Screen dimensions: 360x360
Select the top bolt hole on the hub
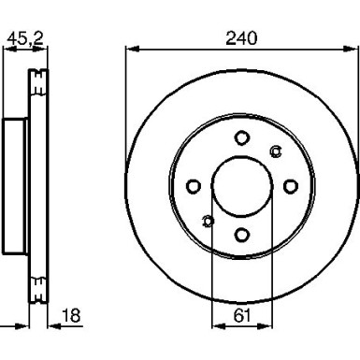pos(241,137)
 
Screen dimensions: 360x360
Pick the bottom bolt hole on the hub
pos(241,234)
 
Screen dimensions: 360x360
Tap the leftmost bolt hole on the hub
pos(194,185)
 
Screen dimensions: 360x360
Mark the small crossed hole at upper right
pos(275,151)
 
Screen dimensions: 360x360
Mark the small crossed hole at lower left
pos(208,220)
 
